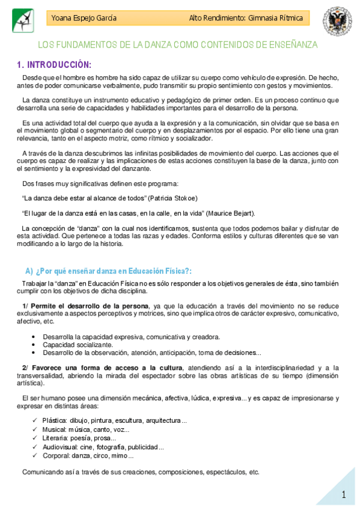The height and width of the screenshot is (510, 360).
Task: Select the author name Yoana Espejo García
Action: pos(84,19)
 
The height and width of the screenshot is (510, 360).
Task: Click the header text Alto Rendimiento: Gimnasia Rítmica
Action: pos(245,19)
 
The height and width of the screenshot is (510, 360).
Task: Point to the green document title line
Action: pos(178,45)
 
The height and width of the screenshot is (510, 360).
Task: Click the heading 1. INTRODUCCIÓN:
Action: pos(54,64)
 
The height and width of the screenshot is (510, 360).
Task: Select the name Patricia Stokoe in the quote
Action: pos(177,197)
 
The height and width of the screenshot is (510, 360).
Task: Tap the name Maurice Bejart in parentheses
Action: pos(228,212)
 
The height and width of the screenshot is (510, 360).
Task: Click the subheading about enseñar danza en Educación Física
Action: pos(108,271)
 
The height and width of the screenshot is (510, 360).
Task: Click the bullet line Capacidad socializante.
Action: pos(78,345)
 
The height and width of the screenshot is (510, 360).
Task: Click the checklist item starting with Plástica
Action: pos(114,420)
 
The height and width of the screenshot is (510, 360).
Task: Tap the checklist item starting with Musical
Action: pos(85,429)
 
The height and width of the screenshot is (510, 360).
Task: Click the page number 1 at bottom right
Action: pos(344,494)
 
